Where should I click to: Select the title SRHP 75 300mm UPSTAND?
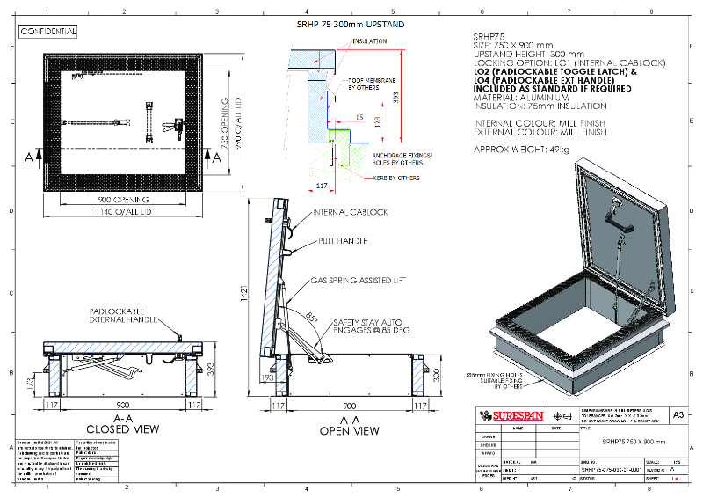[351, 26]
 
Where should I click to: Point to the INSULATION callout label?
[369, 41]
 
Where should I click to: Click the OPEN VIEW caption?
[350, 431]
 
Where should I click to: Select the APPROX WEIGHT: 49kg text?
[521, 150]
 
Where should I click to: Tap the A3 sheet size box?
[678, 414]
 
